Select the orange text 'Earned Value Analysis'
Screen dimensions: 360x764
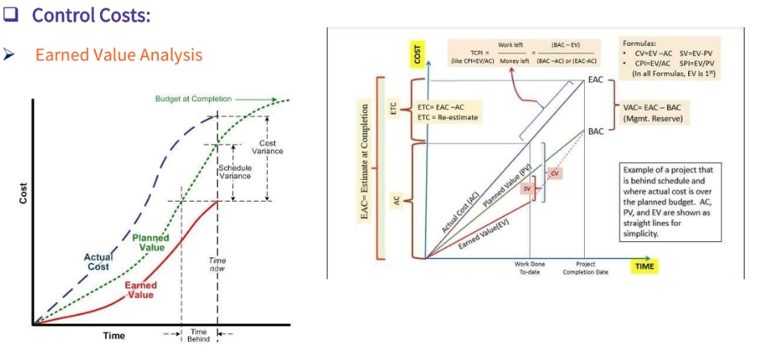119,55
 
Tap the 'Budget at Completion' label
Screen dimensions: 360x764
193,98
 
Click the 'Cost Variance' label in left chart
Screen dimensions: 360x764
267,148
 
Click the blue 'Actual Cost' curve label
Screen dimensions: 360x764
98,262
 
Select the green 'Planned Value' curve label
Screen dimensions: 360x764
152,243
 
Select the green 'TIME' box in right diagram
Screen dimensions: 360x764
645,266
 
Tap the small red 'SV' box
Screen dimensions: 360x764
526,188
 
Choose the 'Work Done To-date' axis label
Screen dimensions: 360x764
529,268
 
